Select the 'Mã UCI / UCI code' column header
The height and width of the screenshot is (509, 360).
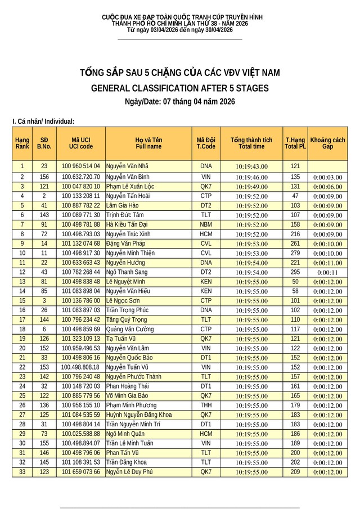[x=81, y=143]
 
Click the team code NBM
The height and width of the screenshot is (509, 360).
[x=206, y=224]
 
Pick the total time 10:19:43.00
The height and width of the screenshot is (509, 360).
[x=251, y=166]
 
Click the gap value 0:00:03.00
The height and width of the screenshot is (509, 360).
[x=327, y=177]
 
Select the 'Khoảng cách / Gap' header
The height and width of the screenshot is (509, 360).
[x=327, y=143]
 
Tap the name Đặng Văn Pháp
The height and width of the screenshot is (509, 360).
[x=126, y=244]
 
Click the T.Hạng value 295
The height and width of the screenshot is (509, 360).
[x=295, y=272]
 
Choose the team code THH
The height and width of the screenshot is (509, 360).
[x=206, y=405]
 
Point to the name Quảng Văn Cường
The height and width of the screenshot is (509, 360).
[x=130, y=329]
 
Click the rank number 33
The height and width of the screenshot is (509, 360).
[x=22, y=471]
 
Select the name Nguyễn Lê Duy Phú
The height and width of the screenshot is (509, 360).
[x=129, y=471]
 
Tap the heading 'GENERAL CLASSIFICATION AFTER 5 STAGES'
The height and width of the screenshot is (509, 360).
[x=180, y=88]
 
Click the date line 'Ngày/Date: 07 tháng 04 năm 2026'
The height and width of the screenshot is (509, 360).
[x=180, y=102]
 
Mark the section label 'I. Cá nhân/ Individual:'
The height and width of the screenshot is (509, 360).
[x=43, y=121]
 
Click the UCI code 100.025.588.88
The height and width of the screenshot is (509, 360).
[x=81, y=434]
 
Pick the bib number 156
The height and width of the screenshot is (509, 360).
[x=44, y=177]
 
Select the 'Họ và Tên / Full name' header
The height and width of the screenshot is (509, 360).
[x=148, y=143]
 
